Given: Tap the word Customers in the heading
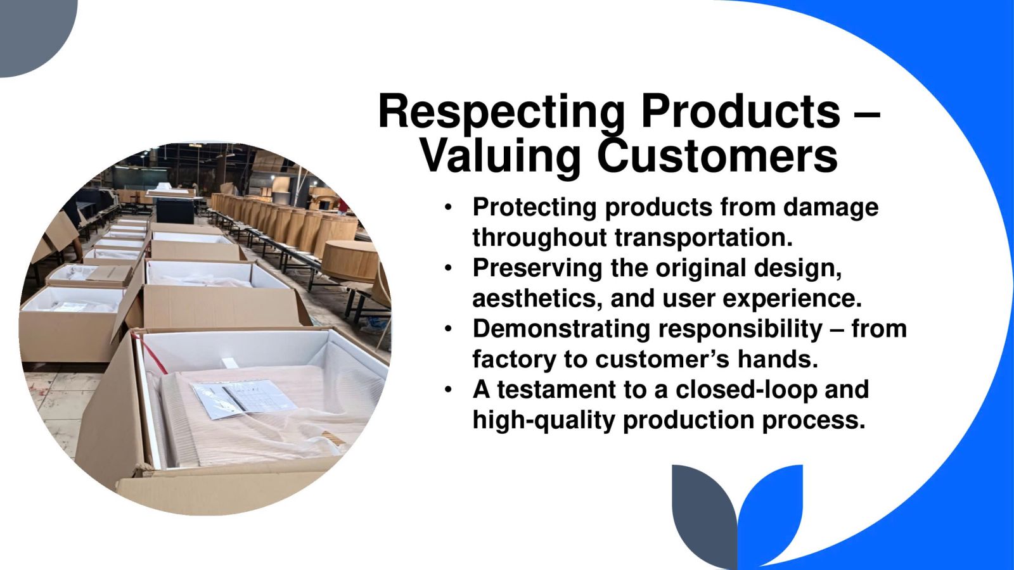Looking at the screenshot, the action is [717, 156].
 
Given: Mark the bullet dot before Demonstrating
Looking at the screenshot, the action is [448, 330].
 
